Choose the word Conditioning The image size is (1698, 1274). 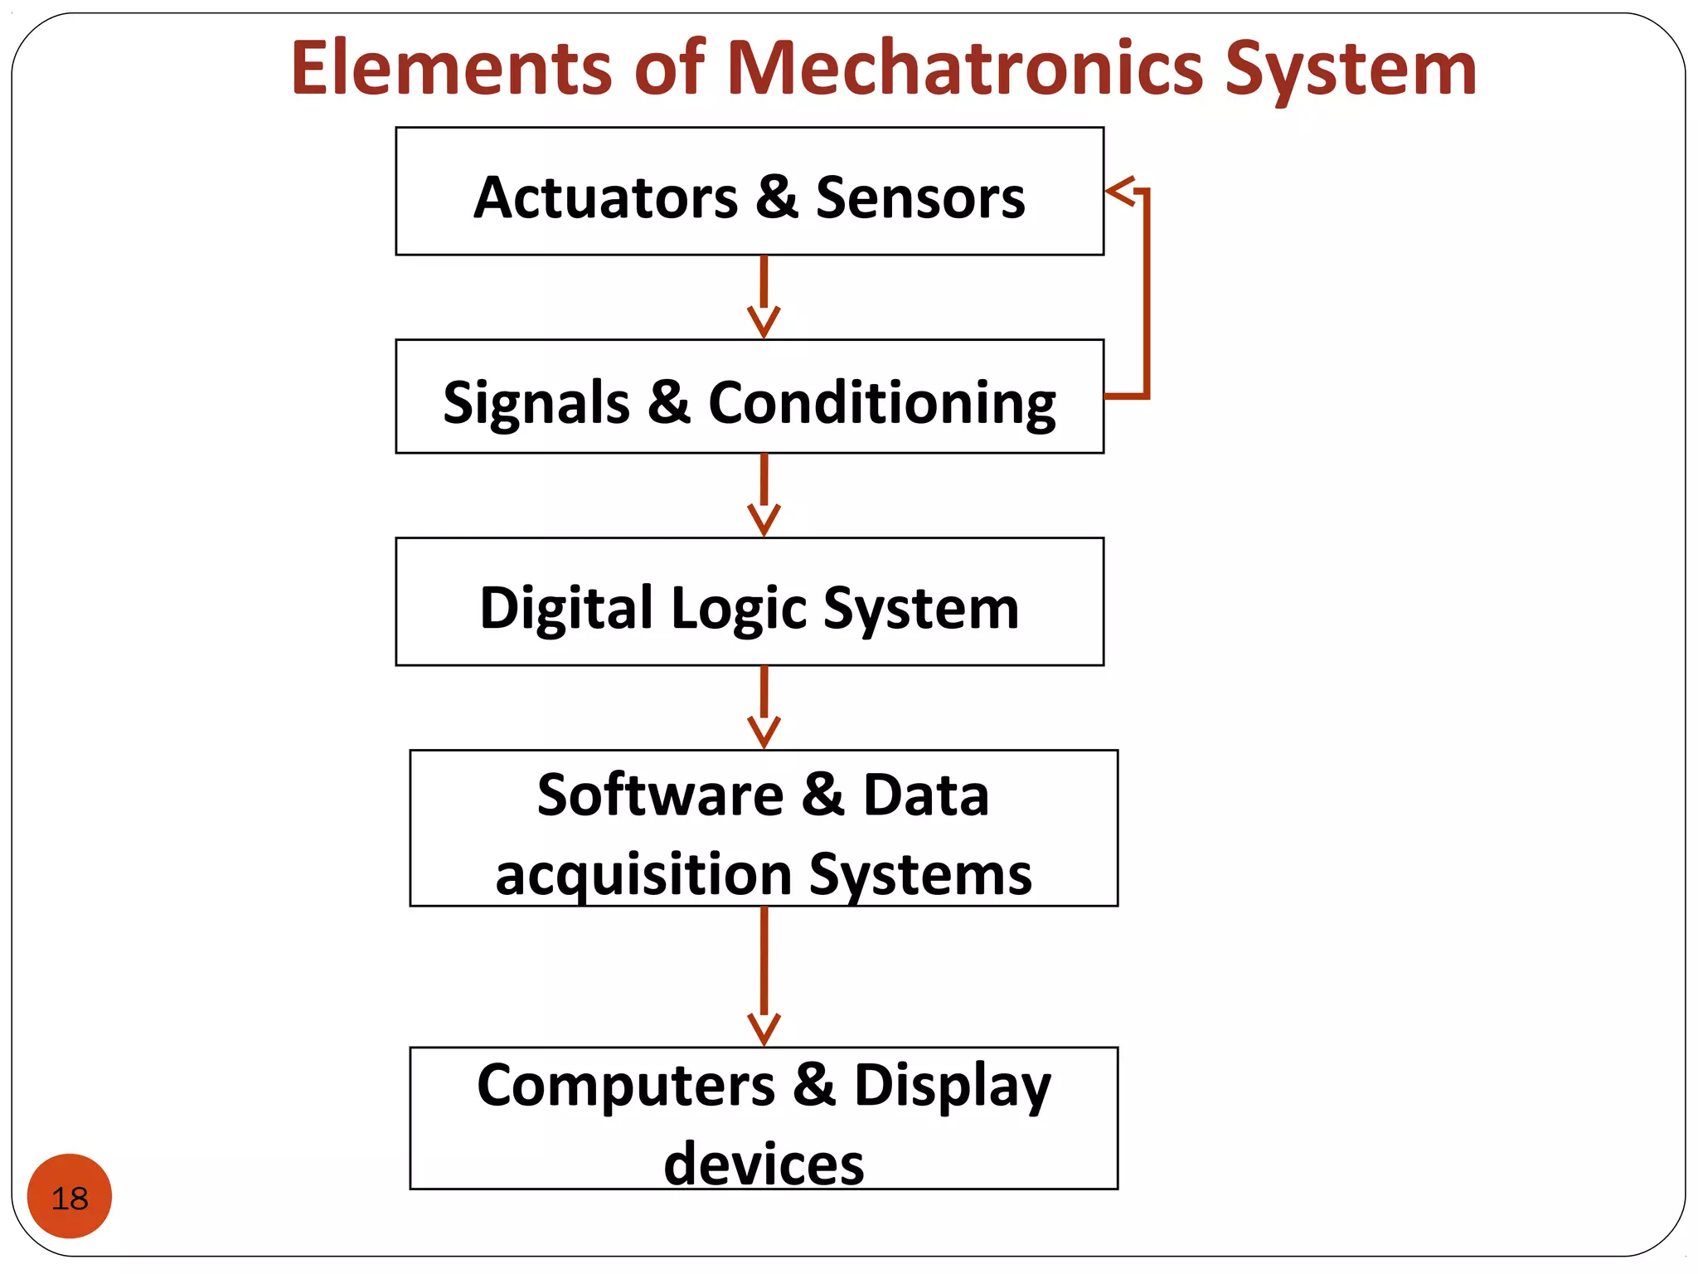[881, 403]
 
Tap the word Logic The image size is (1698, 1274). [739, 608]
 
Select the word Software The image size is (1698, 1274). [660, 795]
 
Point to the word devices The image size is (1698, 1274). [764, 1164]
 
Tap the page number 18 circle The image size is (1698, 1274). [70, 1197]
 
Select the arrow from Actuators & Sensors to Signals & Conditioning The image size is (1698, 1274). [764, 296]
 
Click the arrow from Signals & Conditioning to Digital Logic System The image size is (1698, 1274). [764, 494]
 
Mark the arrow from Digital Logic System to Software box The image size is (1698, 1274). [764, 707]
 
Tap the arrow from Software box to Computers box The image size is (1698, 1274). [764, 975]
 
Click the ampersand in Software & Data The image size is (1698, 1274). [822, 795]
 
